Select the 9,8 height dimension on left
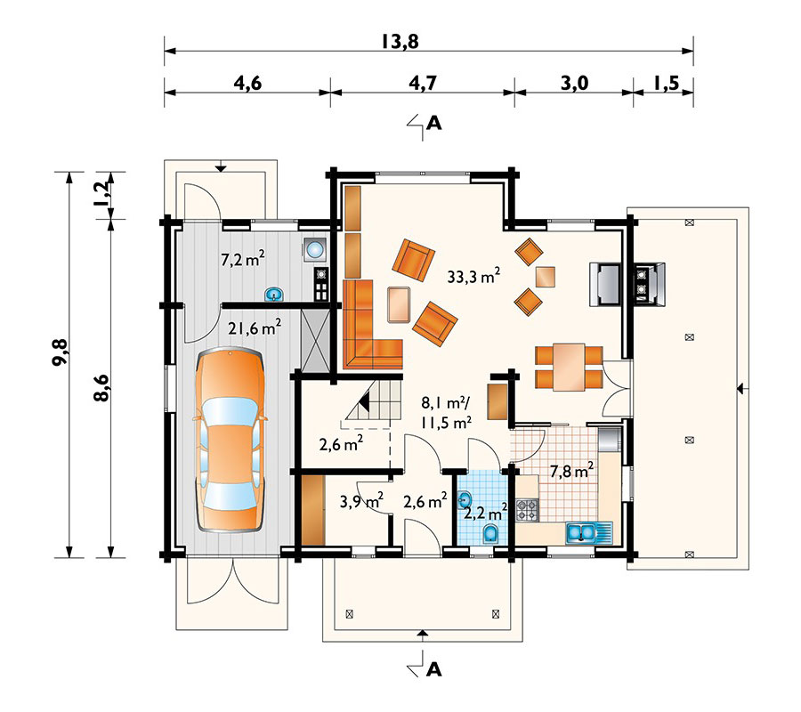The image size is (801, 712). pos(59,365)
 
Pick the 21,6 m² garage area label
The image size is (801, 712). pos(255,328)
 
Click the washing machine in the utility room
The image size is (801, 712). pos(313,250)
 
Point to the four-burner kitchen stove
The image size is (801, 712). pos(528,510)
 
